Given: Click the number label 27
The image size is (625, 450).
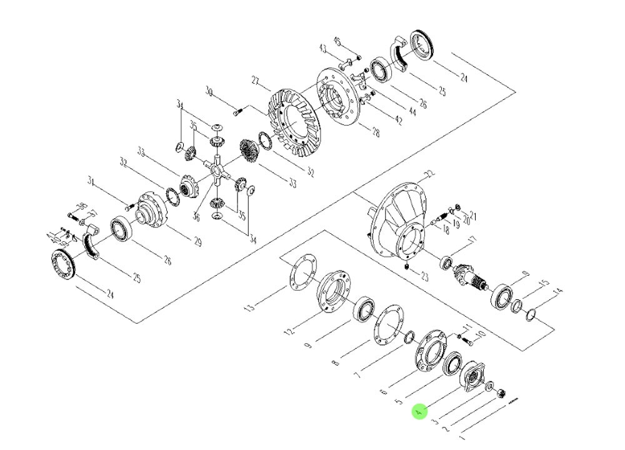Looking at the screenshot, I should pos(256,80).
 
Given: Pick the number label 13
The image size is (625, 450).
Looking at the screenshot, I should pos(250,306).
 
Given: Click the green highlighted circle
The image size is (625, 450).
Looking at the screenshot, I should pos(419,412).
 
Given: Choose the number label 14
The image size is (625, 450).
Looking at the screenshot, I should pos(558,291).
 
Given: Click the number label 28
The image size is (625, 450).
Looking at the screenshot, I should pos(375,132).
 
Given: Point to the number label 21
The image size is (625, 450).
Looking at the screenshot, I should pos(472,217).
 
